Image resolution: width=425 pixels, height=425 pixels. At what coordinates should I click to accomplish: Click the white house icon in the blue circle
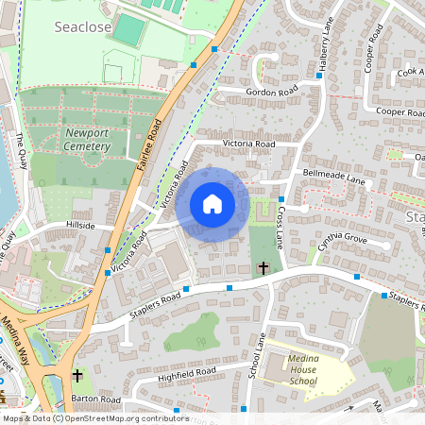pos(212,203)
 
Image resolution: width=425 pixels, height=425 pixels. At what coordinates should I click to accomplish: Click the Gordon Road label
pos(271,92)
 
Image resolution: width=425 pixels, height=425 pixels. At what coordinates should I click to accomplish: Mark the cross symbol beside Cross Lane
pos(263,268)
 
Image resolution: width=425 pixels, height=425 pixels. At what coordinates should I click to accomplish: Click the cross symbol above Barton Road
pos(76,376)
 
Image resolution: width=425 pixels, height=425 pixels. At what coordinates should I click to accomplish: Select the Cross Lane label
pos(280,228)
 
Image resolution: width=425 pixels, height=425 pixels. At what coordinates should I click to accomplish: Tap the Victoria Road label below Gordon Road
pos(247,144)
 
